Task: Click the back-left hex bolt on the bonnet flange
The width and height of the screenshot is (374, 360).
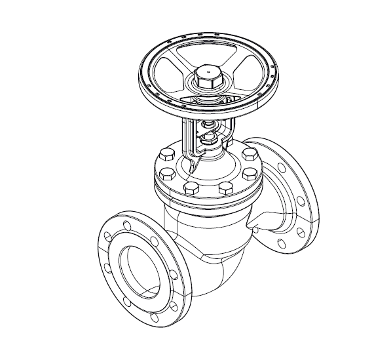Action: pyautogui.click(x=164, y=155)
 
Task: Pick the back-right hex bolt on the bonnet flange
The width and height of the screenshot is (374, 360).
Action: pyautogui.click(x=248, y=155)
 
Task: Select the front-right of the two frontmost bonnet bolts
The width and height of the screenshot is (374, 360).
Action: pyautogui.click(x=225, y=188)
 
